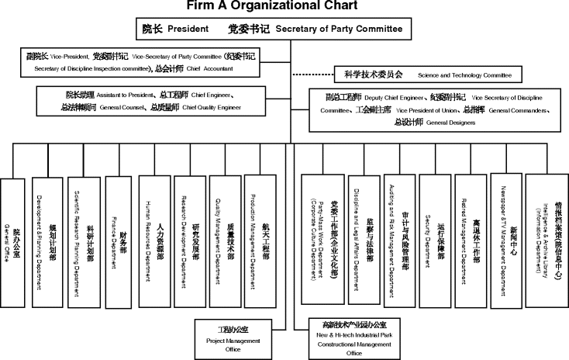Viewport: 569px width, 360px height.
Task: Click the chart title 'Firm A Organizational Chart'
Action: [x=284, y=6]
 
